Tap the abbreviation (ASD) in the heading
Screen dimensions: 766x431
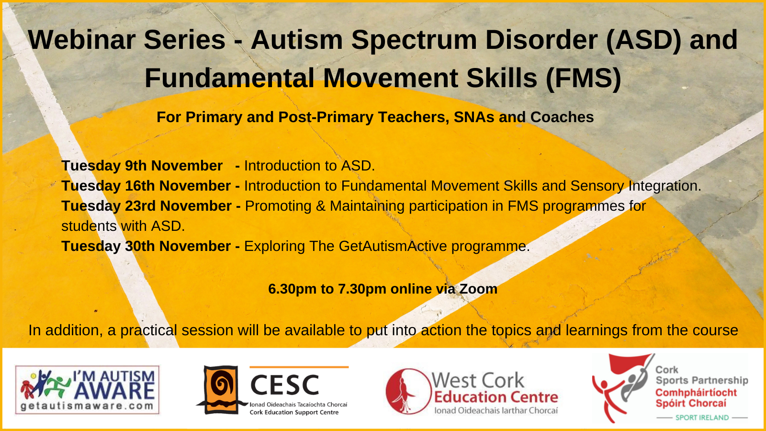[x=643, y=40]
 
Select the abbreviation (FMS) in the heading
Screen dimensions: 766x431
[x=584, y=79]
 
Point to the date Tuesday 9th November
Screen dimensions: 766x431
[x=142, y=166]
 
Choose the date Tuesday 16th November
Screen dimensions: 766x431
[x=146, y=186]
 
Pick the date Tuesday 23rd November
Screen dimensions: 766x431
[x=146, y=206]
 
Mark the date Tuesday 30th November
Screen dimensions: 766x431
[x=146, y=246]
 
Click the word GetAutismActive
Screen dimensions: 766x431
[x=393, y=246]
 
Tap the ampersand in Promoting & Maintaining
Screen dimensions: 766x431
[x=320, y=206]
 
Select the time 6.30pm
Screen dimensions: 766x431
[x=293, y=289]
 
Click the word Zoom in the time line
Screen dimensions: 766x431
[x=478, y=289]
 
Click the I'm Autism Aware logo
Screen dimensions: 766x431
[x=87, y=390]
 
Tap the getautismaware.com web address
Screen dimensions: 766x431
[x=87, y=406]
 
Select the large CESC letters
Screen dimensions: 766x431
[x=285, y=385]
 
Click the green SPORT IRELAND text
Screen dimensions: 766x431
[x=702, y=418]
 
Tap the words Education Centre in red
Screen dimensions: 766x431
[x=496, y=397]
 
